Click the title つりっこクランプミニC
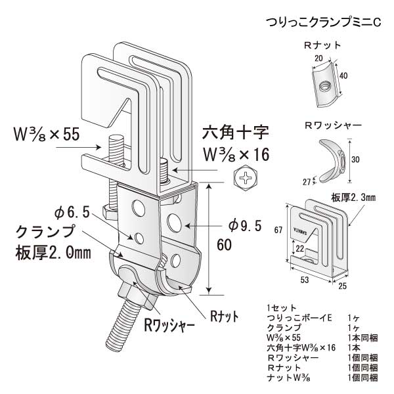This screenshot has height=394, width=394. (x=322, y=22)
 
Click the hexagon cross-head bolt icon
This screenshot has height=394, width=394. (x=246, y=177)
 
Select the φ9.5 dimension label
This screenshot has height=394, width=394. (x=245, y=225)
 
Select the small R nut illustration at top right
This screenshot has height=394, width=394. (x=322, y=84)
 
